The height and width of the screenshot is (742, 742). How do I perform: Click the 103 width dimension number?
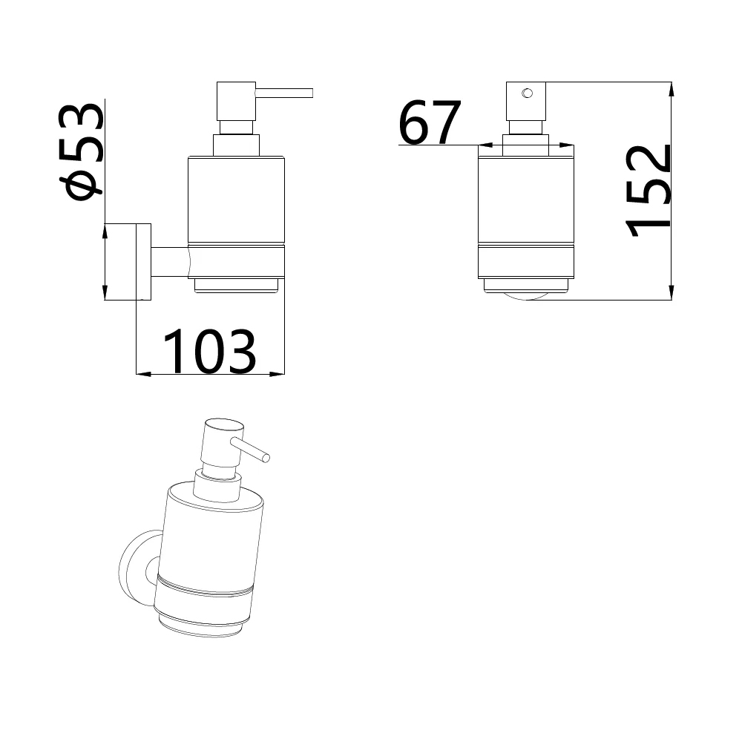pos(210,352)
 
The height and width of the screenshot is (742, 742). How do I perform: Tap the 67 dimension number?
pos(429,122)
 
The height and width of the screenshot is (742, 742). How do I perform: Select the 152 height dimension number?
pos(649,191)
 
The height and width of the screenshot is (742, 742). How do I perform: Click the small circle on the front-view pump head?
pos(527,93)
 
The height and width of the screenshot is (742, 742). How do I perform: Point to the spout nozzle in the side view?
pos(284,93)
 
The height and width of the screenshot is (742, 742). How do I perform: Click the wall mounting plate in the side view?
pos(144,262)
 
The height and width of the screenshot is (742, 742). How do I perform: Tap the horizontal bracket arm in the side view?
pos(170,262)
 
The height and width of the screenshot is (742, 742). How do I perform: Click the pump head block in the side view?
pos(236,101)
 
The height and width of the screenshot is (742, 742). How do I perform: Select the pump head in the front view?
pos(526,101)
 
